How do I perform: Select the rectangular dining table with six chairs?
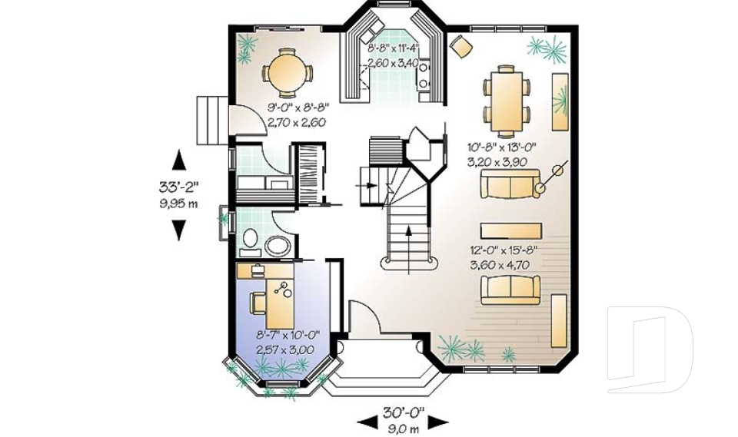pos(507,96)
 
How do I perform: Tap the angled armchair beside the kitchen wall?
pos(462,47)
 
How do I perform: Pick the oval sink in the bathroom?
pos(278,247)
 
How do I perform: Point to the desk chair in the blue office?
pos(258,303)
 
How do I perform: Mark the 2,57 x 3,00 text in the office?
pos(285,349)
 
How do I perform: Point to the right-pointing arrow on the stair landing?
pos(370,185)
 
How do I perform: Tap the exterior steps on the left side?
pos(210,120)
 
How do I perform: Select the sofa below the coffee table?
pos(507,290)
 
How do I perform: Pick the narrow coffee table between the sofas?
pos(511,230)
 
